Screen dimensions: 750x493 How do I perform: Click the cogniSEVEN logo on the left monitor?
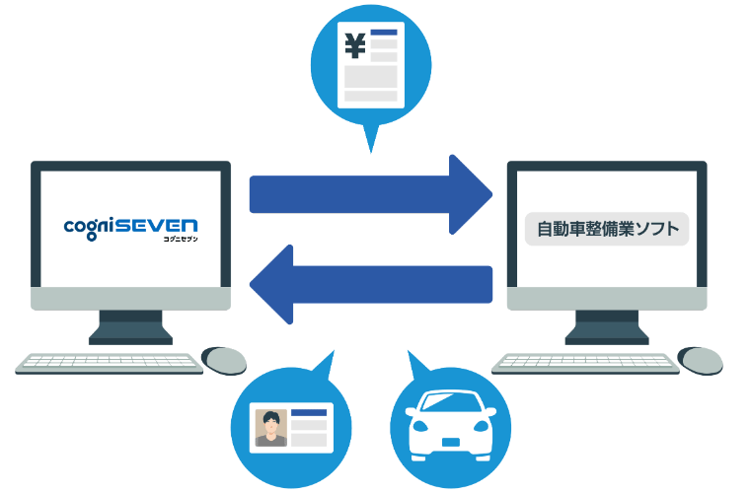click(130, 230)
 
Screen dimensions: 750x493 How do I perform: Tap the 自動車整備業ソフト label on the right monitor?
click(607, 229)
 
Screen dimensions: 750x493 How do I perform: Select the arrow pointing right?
click(371, 194)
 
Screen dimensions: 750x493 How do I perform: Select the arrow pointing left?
click(371, 284)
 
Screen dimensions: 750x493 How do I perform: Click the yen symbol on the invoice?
click(355, 45)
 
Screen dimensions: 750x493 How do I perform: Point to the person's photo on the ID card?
click(271, 428)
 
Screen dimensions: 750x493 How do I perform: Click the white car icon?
click(451, 425)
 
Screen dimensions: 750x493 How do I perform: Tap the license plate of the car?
click(451, 442)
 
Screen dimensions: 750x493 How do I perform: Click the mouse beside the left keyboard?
click(224, 361)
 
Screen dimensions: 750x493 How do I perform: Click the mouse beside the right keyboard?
click(701, 361)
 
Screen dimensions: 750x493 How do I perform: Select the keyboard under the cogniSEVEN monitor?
click(110, 364)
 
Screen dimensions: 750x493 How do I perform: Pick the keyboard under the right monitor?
click(585, 364)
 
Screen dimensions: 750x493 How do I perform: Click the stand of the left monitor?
click(130, 327)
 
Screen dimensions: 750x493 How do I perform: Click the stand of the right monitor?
click(607, 327)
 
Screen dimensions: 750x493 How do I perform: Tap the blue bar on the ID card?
click(309, 413)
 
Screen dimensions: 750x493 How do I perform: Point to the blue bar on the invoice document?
click(384, 32)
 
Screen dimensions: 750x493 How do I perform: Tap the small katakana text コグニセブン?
click(181, 239)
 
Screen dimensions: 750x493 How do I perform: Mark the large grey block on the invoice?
click(371, 77)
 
